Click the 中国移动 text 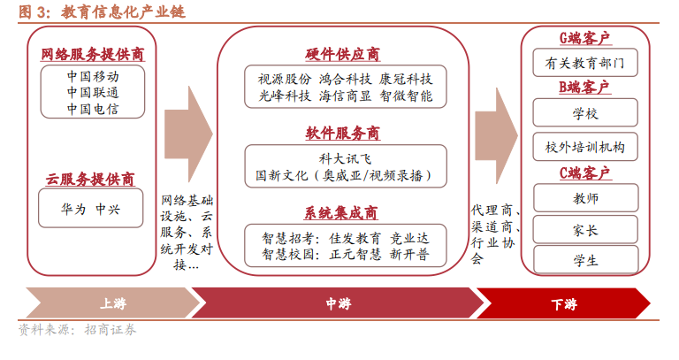click(93, 77)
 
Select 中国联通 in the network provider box click(93, 92)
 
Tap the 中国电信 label click(93, 109)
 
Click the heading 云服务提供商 click(90, 179)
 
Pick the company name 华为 click(73, 210)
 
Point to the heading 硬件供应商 click(342, 54)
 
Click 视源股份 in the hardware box click(285, 79)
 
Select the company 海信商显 click(345, 96)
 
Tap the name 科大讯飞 click(345, 159)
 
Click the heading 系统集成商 click(340, 212)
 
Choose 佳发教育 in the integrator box click(355, 238)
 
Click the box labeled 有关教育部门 click(585, 63)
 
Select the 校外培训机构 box click(585, 147)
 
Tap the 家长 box click(585, 230)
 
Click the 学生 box click(585, 260)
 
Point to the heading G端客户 click(584, 38)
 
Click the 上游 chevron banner click(112, 303)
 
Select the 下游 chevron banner click(563, 303)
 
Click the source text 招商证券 click(111, 330)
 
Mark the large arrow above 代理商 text click(496, 135)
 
